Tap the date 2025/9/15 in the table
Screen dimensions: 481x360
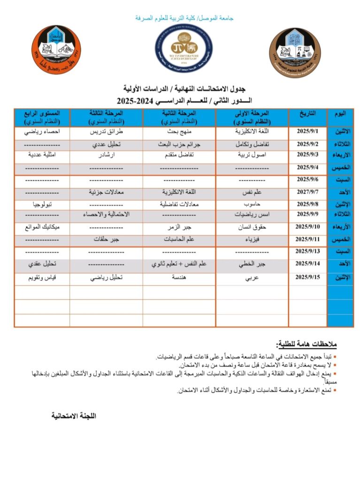point(307,277)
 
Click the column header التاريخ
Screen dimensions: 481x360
point(307,114)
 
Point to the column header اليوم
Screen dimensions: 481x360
point(340,114)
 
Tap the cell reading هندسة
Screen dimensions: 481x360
point(180,278)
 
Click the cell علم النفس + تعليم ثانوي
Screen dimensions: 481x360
point(180,264)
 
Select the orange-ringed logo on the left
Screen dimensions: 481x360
point(56,50)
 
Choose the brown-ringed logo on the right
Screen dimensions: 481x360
point(295,52)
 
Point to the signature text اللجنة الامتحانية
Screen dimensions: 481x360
point(74,416)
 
